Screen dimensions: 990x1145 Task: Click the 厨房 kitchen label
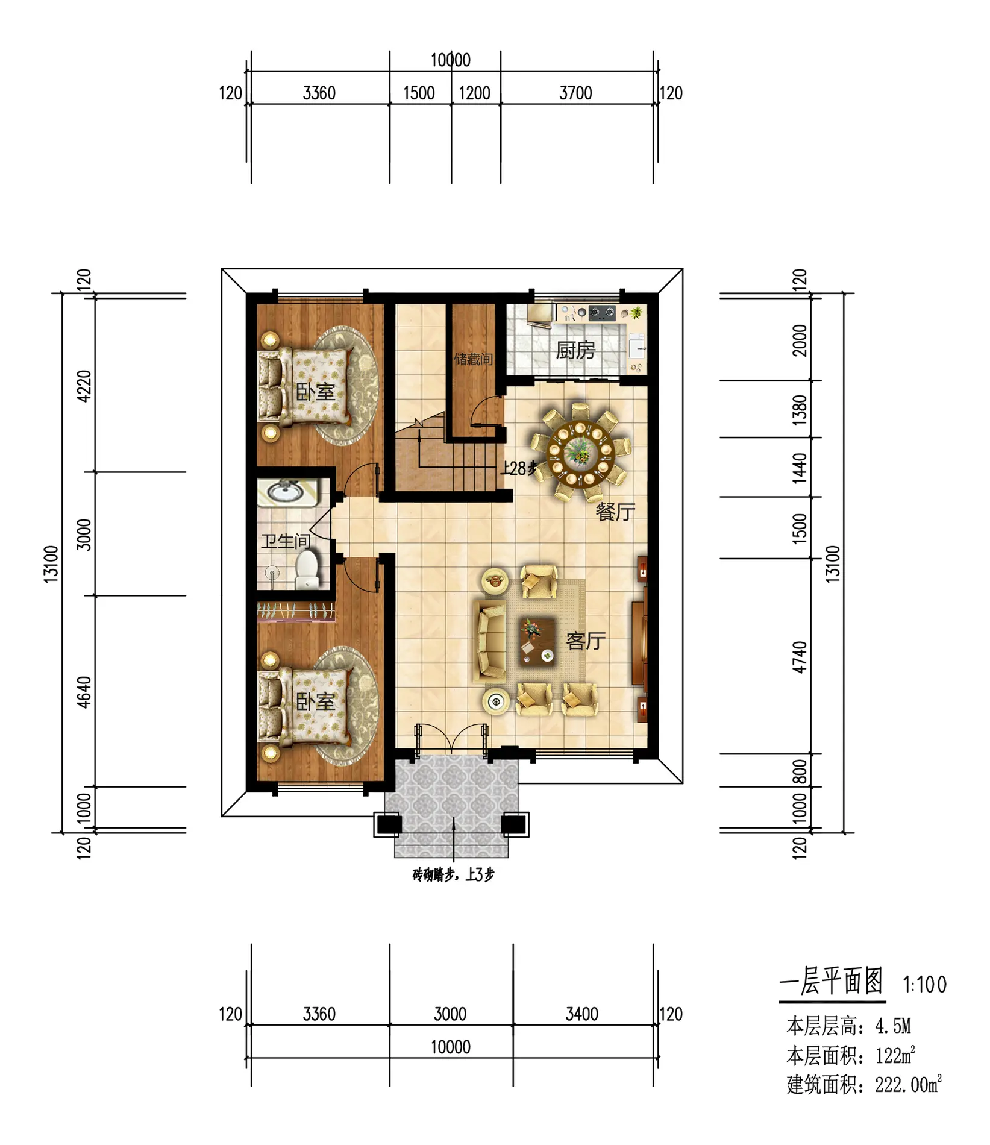point(575,350)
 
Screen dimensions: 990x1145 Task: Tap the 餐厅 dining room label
point(615,512)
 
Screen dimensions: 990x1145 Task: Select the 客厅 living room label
point(586,641)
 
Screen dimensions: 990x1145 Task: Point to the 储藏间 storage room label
point(473,359)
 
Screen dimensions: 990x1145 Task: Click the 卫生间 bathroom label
point(286,541)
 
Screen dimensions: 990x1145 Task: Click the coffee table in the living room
point(537,641)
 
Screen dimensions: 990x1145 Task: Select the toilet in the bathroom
point(307,569)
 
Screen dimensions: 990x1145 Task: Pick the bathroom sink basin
point(286,492)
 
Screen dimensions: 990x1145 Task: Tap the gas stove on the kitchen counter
point(602,313)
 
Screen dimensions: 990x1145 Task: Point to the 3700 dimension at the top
point(575,93)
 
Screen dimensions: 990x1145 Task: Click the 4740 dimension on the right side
point(799,657)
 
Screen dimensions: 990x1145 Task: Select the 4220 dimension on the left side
point(84,386)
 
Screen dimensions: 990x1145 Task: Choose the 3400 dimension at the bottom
point(581,1014)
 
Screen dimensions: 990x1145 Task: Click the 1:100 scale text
point(924,985)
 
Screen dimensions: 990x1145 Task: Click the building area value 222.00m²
point(908,1085)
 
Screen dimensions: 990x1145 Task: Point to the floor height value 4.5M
point(893,1026)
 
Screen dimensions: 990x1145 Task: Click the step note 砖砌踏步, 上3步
point(453,874)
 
